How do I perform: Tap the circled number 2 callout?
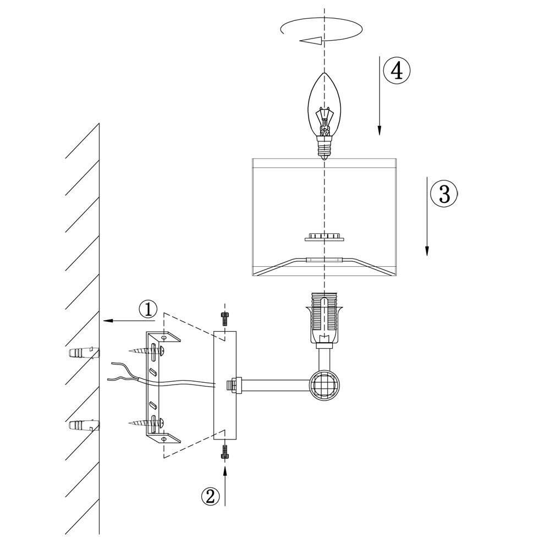tap(209, 496)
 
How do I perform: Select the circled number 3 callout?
tap(444, 193)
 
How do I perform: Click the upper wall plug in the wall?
tap(83, 353)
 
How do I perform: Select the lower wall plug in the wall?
tap(83, 426)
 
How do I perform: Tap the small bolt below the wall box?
tap(224, 452)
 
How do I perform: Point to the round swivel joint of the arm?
tap(323, 384)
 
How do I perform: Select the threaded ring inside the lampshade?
tap(324, 237)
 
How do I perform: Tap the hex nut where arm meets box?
tap(235, 385)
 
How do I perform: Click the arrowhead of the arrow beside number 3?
tap(427, 250)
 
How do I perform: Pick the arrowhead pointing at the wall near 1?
tap(107, 320)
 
